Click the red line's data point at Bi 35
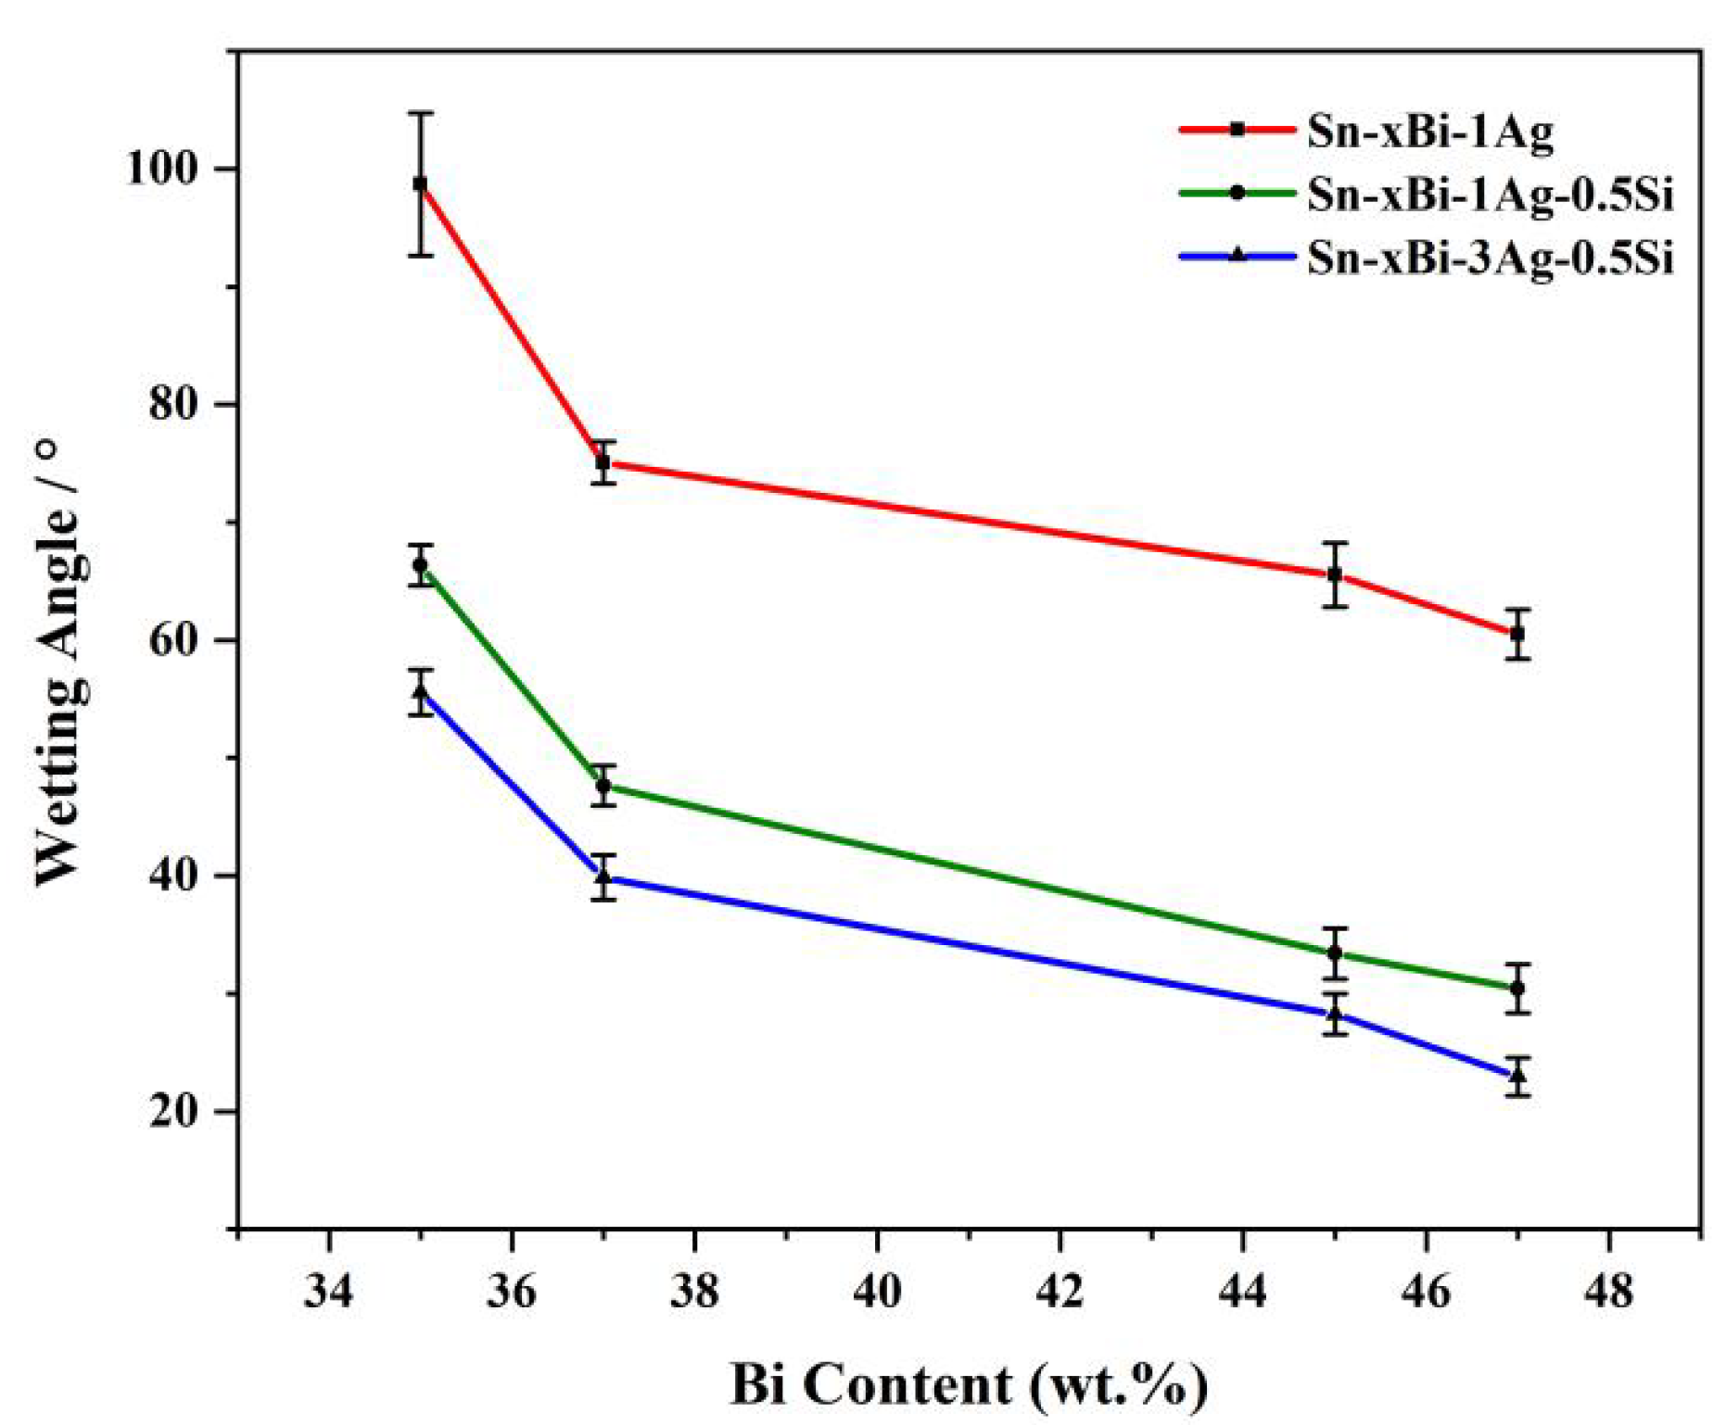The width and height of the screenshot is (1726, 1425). (x=420, y=183)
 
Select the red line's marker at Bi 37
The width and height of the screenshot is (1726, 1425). (x=603, y=461)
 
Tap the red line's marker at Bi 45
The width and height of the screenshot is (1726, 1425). (x=1335, y=574)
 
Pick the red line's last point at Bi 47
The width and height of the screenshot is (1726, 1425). (x=1517, y=634)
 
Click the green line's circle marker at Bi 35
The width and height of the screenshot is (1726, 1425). (x=420, y=565)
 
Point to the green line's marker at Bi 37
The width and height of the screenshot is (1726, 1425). (x=603, y=786)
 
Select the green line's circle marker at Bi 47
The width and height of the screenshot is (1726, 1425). (x=1517, y=989)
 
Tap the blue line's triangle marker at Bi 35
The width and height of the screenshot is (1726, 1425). (x=420, y=691)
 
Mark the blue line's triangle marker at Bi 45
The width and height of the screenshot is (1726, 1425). (x=1335, y=1014)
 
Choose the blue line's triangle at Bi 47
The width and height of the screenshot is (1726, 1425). (x=1517, y=1076)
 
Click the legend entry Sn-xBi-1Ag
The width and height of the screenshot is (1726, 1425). (x=1429, y=131)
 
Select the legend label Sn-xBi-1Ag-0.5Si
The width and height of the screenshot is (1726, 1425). (x=1490, y=194)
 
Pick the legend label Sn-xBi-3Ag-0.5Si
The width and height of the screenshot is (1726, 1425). (x=1490, y=257)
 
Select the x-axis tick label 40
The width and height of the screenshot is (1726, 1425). (x=877, y=1289)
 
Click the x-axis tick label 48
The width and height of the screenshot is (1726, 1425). (x=1608, y=1289)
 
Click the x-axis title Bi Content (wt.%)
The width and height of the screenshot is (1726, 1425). (x=968, y=1385)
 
